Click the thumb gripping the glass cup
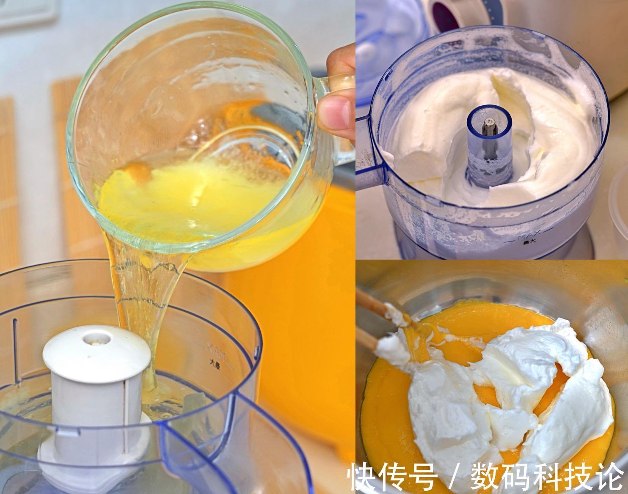click(334, 112)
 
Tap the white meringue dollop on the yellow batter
click(499, 393)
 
